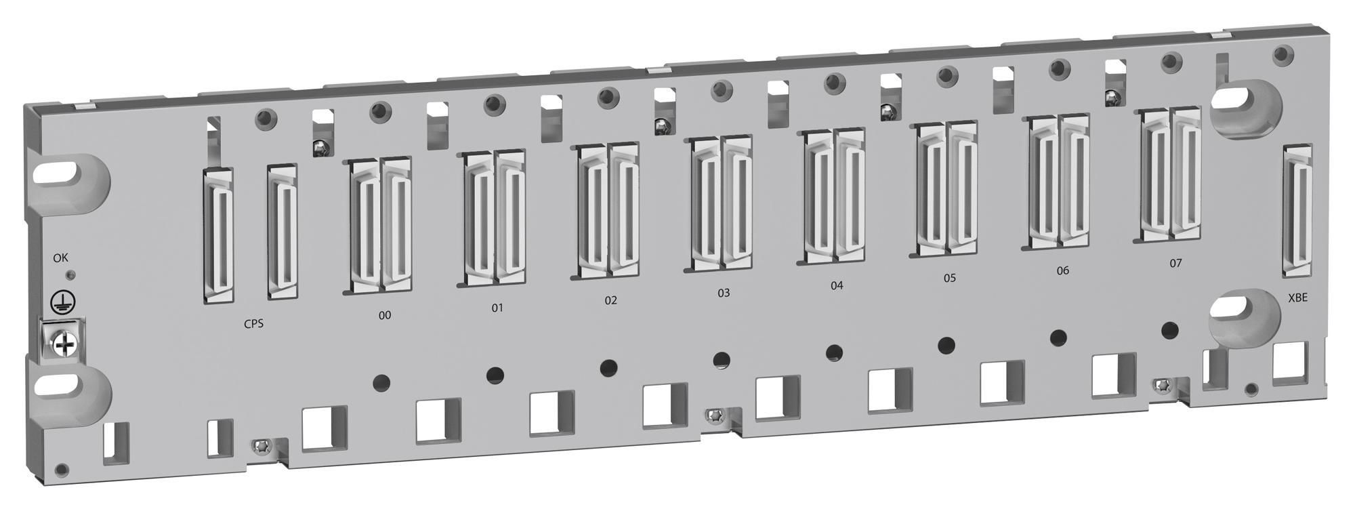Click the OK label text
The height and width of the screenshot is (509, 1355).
click(61, 258)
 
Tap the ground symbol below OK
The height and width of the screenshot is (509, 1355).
click(64, 302)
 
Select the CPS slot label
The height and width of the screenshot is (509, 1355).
click(253, 324)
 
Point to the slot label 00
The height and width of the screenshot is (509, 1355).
click(384, 315)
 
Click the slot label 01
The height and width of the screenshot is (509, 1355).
click(497, 308)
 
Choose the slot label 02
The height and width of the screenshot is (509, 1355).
click(610, 300)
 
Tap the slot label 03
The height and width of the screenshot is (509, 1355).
click(724, 293)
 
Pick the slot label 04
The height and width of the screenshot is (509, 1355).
click(837, 285)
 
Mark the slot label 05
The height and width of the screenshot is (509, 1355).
click(949, 278)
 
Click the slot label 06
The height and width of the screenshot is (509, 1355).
click(1062, 270)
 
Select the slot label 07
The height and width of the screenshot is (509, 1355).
click(1175, 263)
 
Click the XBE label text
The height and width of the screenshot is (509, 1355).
click(1297, 298)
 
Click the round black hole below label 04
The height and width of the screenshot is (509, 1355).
click(835, 352)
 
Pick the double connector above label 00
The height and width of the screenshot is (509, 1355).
click(381, 225)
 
